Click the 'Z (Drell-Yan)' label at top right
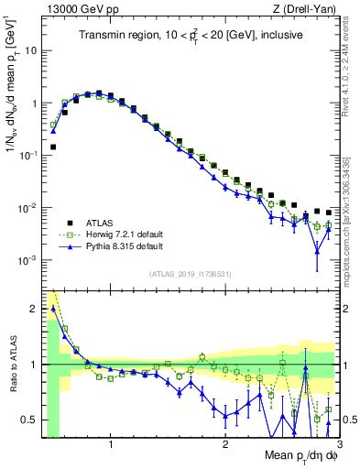pyautogui.click(x=306, y=8)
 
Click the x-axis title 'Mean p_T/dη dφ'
pyautogui.click(x=300, y=455)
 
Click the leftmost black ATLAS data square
pyautogui.click(x=53, y=147)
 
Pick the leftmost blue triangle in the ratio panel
pyautogui.click(x=53, y=308)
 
